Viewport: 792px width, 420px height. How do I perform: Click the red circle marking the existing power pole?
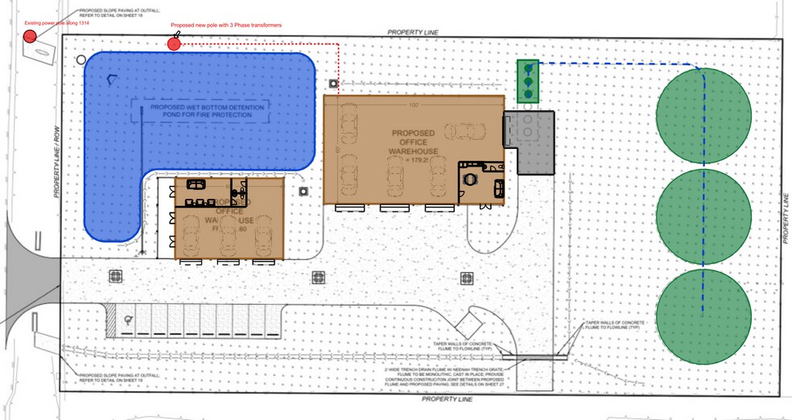pyautogui.click(x=31, y=36)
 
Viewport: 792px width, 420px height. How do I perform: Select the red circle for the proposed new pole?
pyautogui.click(x=173, y=43)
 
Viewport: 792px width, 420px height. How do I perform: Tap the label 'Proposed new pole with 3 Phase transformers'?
pyautogui.click(x=226, y=26)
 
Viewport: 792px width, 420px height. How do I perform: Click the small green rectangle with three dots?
pyautogui.click(x=527, y=81)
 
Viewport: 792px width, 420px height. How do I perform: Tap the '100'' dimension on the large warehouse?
pyautogui.click(x=415, y=105)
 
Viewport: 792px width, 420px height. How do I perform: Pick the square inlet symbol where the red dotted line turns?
pyautogui.click(x=333, y=83)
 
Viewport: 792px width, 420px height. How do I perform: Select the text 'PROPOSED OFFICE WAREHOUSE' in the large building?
pyautogui.click(x=415, y=142)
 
